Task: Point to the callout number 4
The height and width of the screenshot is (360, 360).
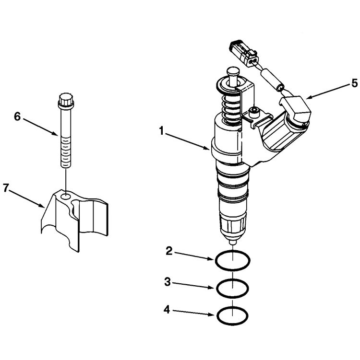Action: (x=168, y=310)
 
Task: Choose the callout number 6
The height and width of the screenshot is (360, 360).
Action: (x=17, y=116)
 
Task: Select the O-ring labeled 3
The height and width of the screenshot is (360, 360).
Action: (x=233, y=289)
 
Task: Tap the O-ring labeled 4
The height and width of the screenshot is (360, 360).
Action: (x=233, y=316)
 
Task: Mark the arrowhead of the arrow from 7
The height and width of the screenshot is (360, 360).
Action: (x=43, y=206)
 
